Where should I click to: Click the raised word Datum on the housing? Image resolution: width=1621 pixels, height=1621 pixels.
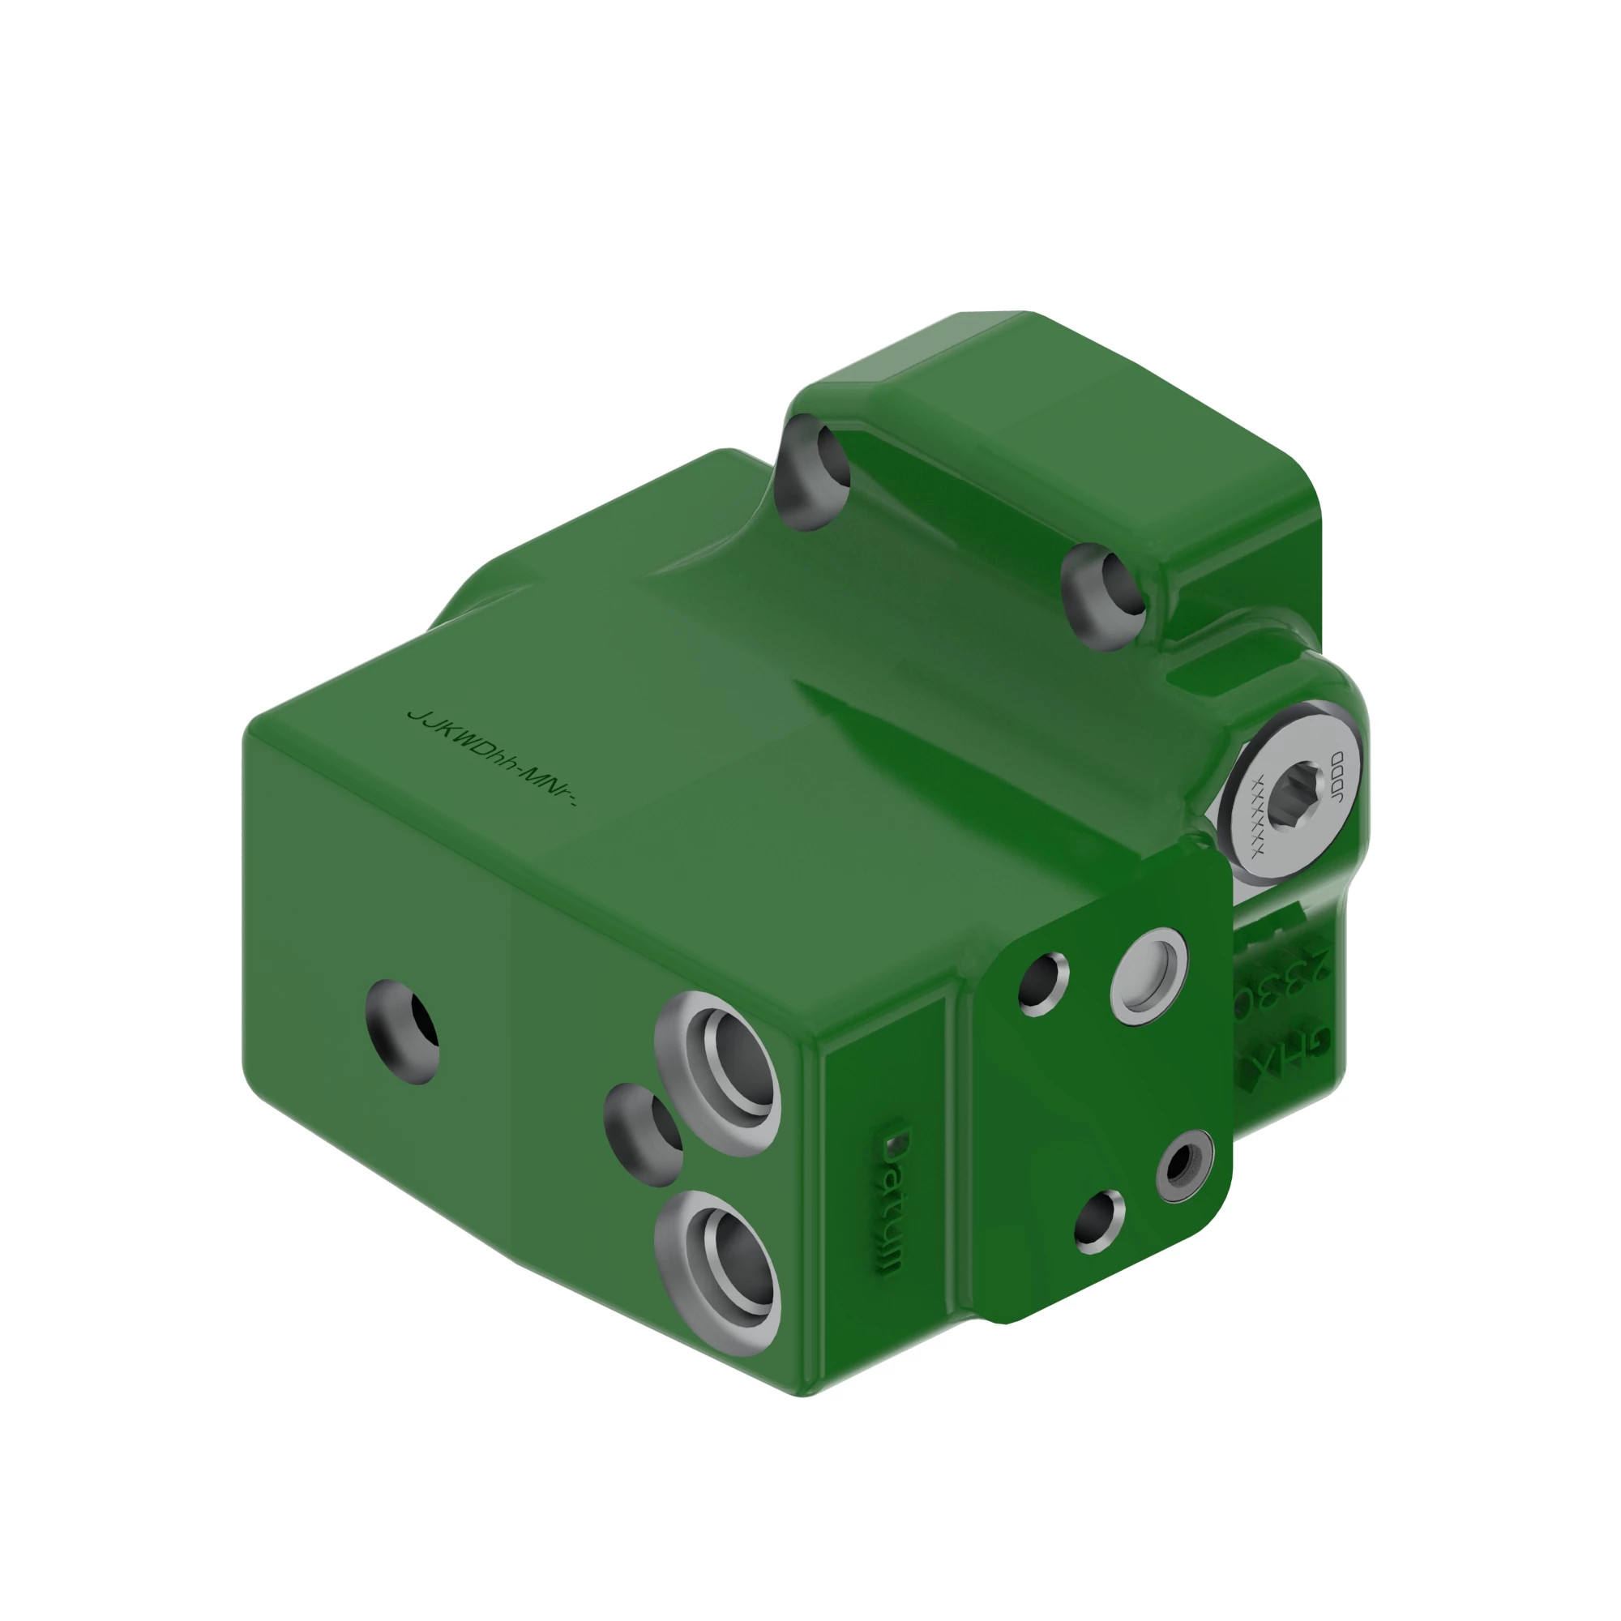(892, 1201)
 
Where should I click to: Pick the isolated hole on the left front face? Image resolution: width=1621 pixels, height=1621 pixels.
(404, 1031)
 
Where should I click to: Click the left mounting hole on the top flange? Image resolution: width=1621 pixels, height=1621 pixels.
(810, 472)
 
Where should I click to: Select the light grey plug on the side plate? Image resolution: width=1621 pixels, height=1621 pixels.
(1148, 975)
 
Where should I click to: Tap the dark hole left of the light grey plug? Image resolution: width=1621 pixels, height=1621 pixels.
(1043, 984)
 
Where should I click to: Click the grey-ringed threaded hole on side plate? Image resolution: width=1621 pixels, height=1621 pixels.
(1183, 1165)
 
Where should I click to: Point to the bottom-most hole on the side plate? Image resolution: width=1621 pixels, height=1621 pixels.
(1099, 1221)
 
